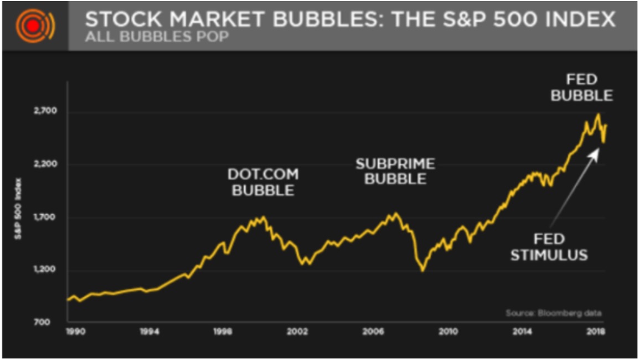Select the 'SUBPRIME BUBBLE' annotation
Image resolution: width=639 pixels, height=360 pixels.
(x=395, y=171)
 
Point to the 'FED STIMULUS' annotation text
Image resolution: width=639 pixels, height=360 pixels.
(x=549, y=247)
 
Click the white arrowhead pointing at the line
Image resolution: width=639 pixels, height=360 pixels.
(x=594, y=152)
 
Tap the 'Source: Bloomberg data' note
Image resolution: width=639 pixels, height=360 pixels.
(x=553, y=313)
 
